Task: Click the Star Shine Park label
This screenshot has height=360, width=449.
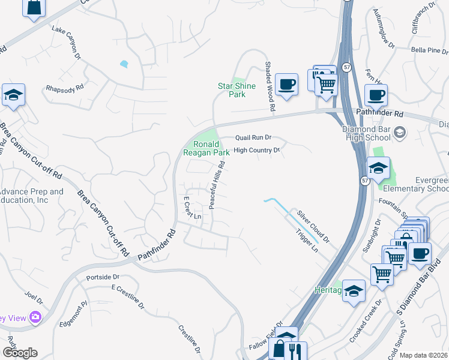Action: [x=237, y=90]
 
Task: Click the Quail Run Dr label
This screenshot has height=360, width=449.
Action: [x=253, y=137]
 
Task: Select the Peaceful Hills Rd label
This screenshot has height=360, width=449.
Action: [x=217, y=185]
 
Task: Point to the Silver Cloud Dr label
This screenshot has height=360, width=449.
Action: [x=314, y=226]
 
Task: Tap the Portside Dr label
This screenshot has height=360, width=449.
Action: [x=103, y=277]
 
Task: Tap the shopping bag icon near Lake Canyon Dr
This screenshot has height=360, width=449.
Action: [x=34, y=8]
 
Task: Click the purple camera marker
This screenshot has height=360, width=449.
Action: [x=36, y=317]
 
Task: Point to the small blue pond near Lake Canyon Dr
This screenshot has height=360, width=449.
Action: [x=124, y=64]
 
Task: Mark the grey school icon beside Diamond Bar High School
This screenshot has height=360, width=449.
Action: [x=400, y=131]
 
